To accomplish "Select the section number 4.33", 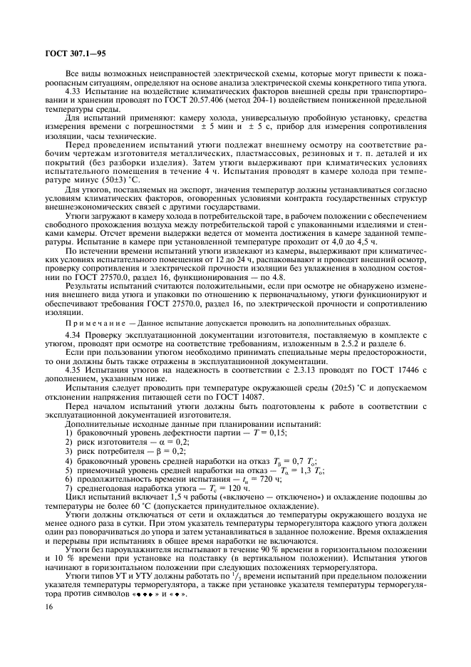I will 73,92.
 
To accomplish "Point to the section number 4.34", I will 73,334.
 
